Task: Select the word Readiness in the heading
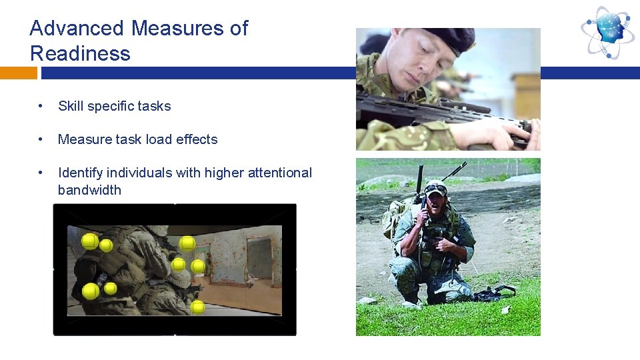click(x=80, y=54)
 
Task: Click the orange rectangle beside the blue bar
click(x=13, y=73)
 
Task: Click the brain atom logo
click(x=607, y=31)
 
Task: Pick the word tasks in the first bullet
click(x=155, y=106)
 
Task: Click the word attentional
click(x=279, y=173)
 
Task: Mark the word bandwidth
click(x=89, y=190)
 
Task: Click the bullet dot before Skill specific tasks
click(x=41, y=106)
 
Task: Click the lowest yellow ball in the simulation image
click(x=197, y=307)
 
